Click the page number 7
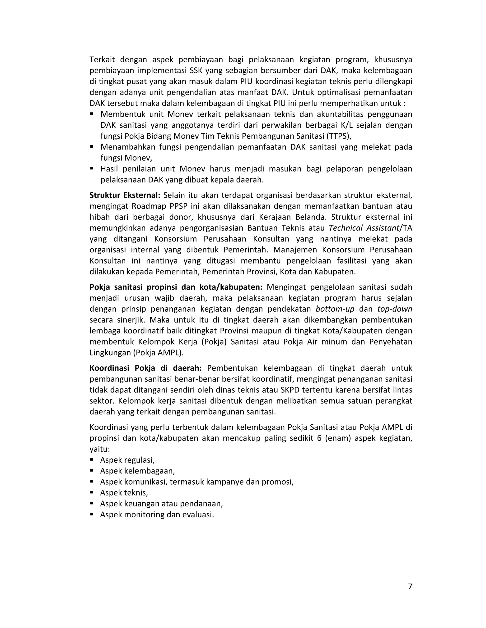click(410, 586)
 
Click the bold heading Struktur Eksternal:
click(125, 195)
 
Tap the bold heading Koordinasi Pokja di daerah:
click(145, 368)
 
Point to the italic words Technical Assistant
click(364, 228)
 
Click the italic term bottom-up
click(335, 309)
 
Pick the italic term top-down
click(395, 309)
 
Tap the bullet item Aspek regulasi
click(127, 460)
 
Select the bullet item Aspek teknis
click(124, 493)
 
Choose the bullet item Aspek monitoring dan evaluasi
click(157, 515)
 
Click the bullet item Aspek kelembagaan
click(137, 471)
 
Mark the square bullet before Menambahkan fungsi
click(92, 147)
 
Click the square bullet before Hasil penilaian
click(92, 168)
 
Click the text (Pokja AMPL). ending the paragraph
click(158, 353)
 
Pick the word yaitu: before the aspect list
click(100, 449)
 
